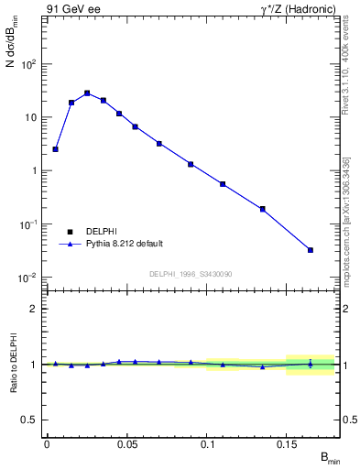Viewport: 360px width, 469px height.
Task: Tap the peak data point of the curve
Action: pos(87,93)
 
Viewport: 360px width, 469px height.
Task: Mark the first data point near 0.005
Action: pos(55,149)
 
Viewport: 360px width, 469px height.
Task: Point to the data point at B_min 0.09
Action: pos(191,164)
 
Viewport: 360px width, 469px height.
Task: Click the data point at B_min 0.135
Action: pos(263,209)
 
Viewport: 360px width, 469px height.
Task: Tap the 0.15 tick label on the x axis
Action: pos(287,444)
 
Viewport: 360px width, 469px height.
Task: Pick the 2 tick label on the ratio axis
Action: pos(34,309)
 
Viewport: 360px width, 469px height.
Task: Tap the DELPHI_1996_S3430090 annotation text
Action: pos(190,274)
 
